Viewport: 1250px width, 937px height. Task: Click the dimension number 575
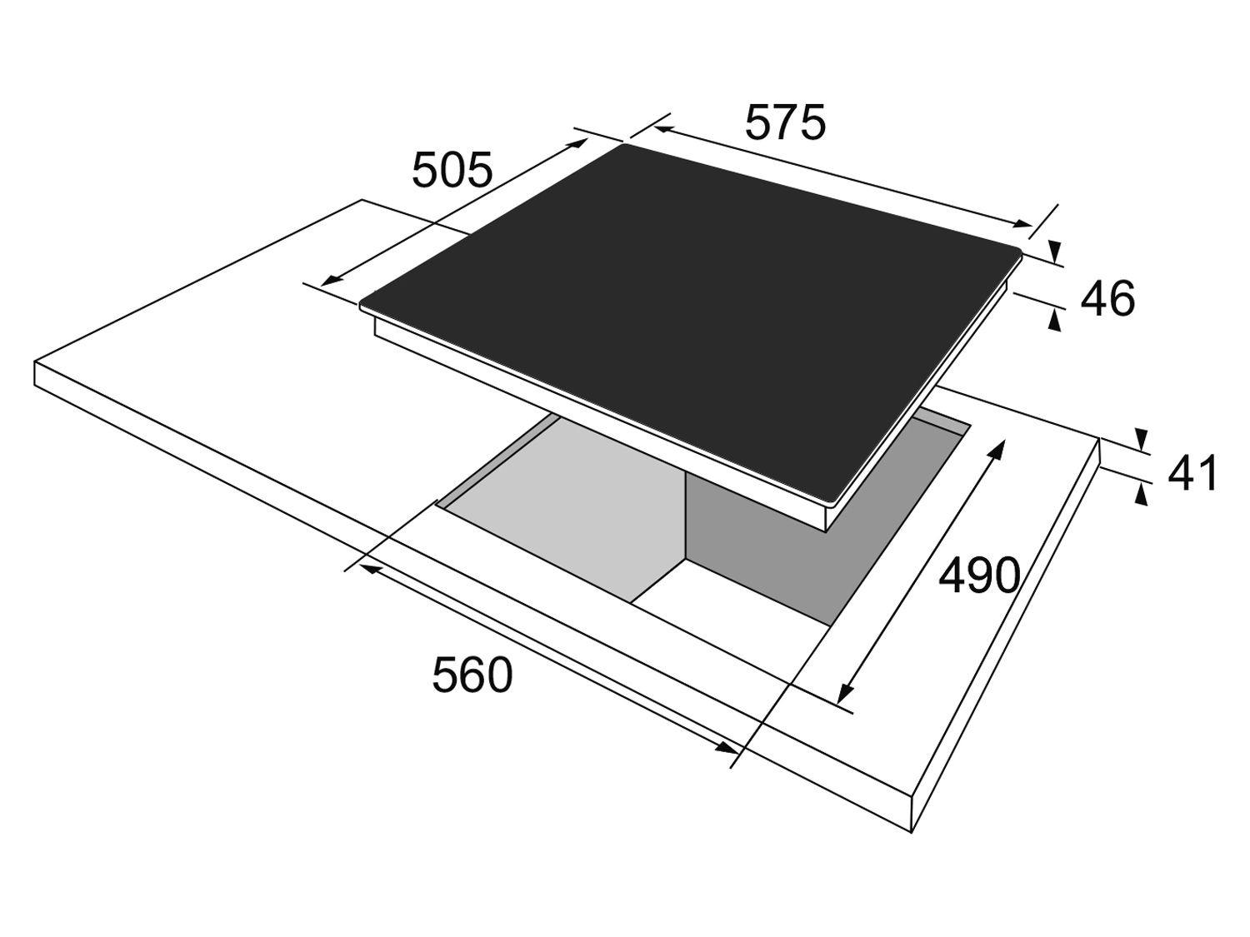[x=785, y=122]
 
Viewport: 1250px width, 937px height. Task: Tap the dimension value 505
[x=452, y=170]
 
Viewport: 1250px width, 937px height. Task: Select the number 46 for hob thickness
[x=1107, y=298]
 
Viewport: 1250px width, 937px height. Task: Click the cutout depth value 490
[x=979, y=576]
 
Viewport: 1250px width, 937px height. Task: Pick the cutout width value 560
[x=472, y=675]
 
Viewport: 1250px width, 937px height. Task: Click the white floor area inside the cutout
[x=735, y=611]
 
